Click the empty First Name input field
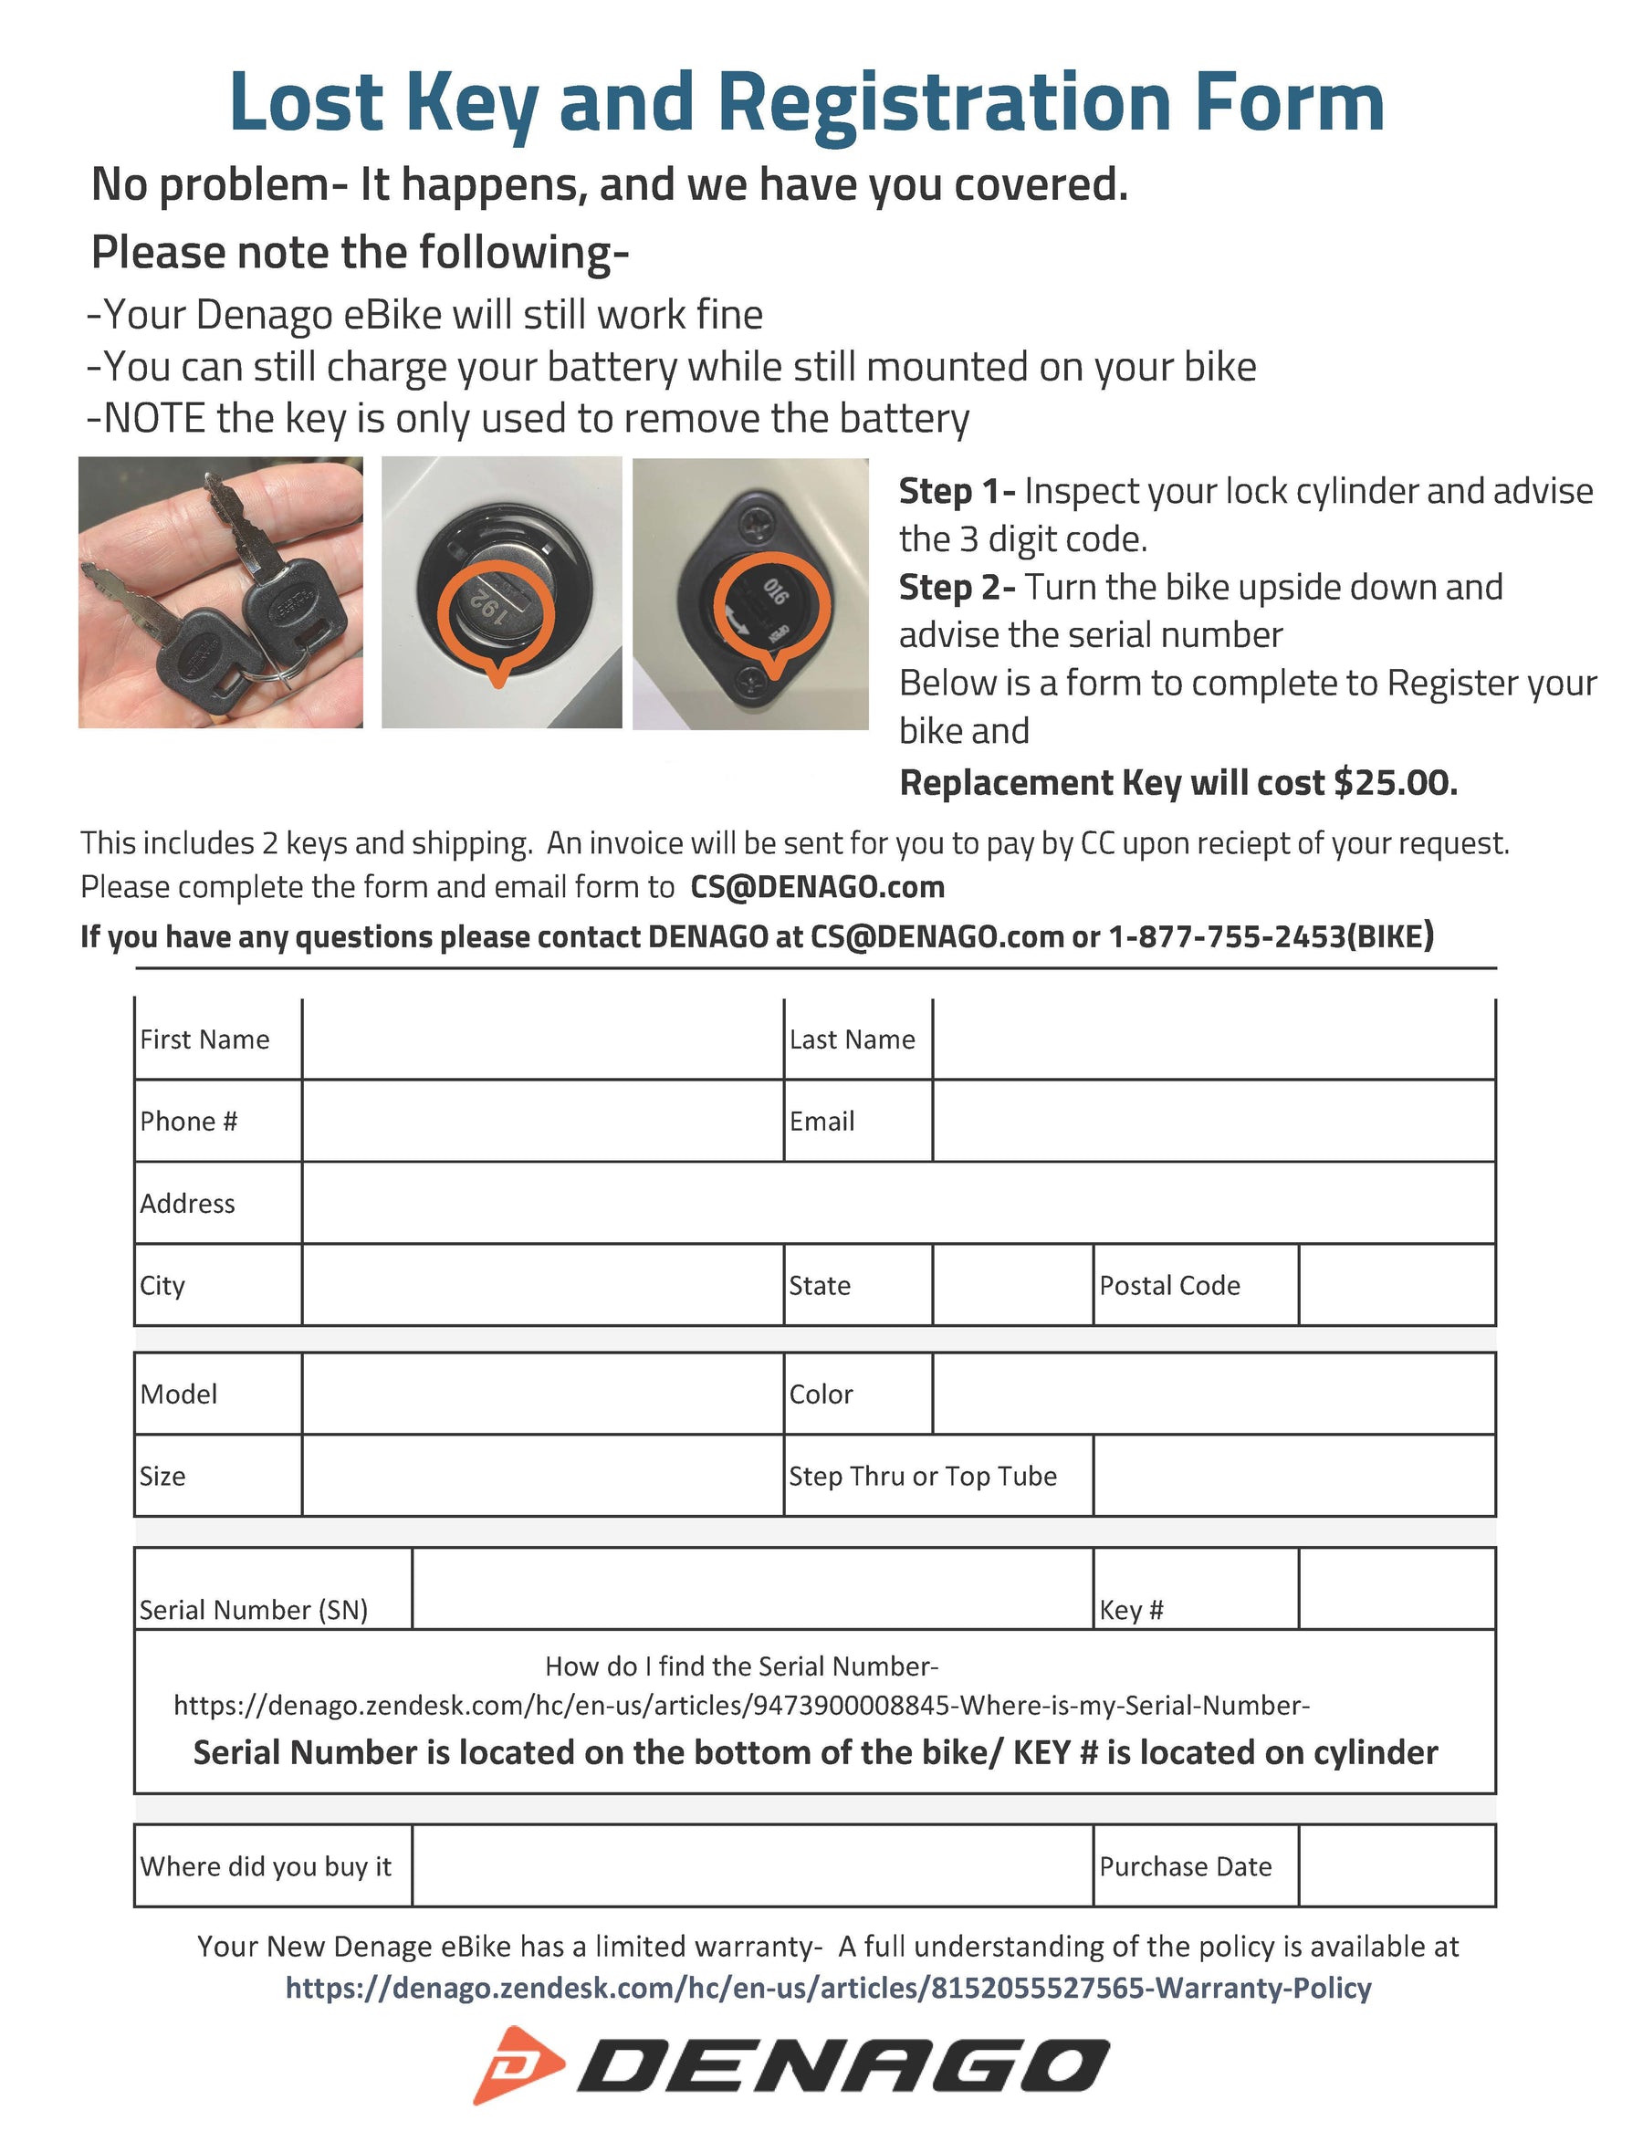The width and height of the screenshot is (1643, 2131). [x=542, y=1039]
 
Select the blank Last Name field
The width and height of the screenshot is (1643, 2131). [x=1213, y=1039]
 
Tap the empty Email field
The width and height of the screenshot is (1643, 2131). [x=1213, y=1121]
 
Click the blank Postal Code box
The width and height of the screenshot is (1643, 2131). [x=1397, y=1285]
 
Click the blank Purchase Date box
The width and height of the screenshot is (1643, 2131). [x=1397, y=1865]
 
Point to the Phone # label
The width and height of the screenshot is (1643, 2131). [x=188, y=1121]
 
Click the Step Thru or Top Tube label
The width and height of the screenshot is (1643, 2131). [x=922, y=1477]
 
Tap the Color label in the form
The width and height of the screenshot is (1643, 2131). [x=821, y=1395]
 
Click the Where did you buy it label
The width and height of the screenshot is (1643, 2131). [x=266, y=1866]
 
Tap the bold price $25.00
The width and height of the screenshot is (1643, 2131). [x=1396, y=782]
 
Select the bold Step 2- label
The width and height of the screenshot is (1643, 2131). [x=957, y=588]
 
